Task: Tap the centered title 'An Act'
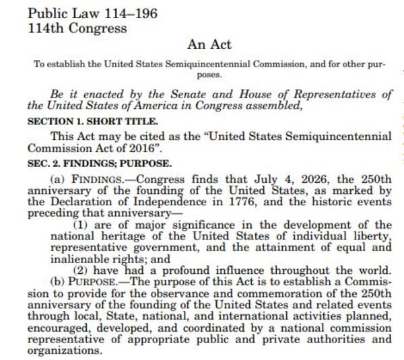click(x=209, y=44)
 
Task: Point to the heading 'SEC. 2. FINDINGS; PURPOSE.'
click(x=99, y=164)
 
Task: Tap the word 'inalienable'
click(x=55, y=257)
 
